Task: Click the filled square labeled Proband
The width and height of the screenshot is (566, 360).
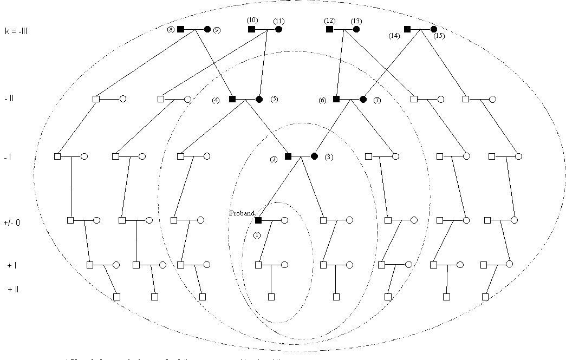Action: (x=258, y=220)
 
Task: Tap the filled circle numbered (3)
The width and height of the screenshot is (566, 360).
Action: (x=314, y=156)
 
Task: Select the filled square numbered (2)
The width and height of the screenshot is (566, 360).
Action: (x=288, y=156)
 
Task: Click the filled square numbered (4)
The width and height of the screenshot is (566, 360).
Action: (x=232, y=99)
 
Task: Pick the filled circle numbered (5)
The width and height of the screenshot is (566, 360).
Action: (x=259, y=99)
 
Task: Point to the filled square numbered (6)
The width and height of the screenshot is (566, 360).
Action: (x=336, y=99)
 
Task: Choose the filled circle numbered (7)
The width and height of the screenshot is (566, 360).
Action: (x=363, y=99)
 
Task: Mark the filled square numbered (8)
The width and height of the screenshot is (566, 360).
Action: (x=181, y=29)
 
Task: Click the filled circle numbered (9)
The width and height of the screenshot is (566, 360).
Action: (x=207, y=29)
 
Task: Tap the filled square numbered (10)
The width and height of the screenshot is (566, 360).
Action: (x=251, y=29)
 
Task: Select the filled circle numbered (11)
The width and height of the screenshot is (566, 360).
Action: (x=278, y=29)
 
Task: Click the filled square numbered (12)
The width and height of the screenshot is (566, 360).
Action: (x=329, y=29)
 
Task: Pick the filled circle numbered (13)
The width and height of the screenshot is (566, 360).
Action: (x=356, y=29)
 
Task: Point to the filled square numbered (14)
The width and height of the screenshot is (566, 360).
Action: (x=407, y=29)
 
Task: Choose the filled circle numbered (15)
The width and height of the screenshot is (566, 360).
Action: (x=434, y=29)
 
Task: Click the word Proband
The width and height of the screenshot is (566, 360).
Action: (x=242, y=213)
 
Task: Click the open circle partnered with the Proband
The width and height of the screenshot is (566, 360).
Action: (x=284, y=220)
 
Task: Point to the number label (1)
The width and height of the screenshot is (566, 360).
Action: (x=257, y=235)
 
